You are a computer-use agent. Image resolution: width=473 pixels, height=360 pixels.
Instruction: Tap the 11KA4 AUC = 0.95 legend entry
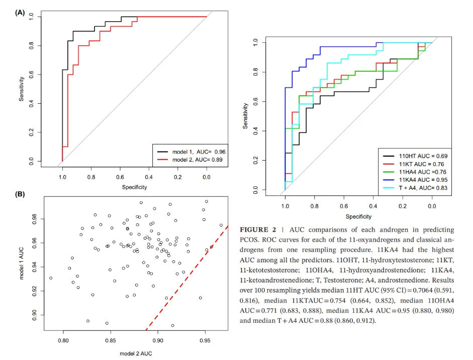(x=420, y=180)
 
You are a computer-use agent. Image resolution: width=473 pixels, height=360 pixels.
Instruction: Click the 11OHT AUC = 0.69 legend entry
(x=420, y=156)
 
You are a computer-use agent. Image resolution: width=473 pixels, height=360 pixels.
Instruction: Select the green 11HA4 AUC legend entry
(x=420, y=172)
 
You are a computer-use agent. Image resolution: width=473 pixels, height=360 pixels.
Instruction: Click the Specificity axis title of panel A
(x=134, y=187)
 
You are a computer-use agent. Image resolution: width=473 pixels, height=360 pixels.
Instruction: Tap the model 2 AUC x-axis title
(x=136, y=353)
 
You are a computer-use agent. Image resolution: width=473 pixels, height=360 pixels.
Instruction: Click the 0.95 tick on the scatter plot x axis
(x=205, y=340)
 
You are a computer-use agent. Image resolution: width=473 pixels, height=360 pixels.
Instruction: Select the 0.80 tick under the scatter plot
(x=63, y=340)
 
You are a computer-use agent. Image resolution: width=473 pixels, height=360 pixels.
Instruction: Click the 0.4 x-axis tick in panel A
(x=149, y=177)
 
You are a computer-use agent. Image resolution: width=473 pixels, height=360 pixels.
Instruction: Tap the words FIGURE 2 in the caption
(x=260, y=230)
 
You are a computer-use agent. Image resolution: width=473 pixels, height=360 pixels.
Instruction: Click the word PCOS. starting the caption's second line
(x=252, y=240)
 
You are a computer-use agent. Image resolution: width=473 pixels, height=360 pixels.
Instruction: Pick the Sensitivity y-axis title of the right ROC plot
(x=245, y=116)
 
